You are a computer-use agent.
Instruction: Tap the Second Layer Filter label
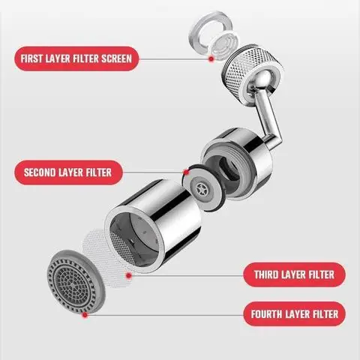click(67, 172)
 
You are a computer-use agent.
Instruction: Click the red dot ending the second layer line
click(185, 172)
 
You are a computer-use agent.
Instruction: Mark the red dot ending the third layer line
click(128, 275)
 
